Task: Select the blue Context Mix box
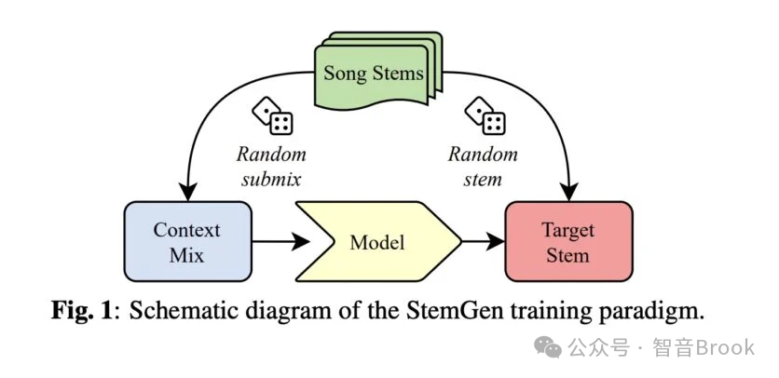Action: (x=188, y=241)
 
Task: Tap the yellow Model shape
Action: (x=378, y=241)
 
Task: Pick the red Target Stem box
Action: (x=568, y=241)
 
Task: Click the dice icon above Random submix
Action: (x=272, y=115)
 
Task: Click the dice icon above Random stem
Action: (x=485, y=115)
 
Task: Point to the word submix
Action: (x=271, y=179)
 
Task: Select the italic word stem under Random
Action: (x=483, y=179)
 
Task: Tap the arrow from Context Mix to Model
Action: (x=281, y=242)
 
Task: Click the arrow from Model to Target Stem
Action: (x=484, y=242)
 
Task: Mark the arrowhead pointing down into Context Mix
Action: (x=188, y=192)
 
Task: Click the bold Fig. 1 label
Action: (x=83, y=313)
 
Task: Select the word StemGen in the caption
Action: (x=440, y=313)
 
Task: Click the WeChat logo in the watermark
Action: (x=548, y=347)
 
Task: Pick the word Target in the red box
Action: (x=568, y=231)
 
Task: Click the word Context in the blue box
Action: (x=186, y=230)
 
